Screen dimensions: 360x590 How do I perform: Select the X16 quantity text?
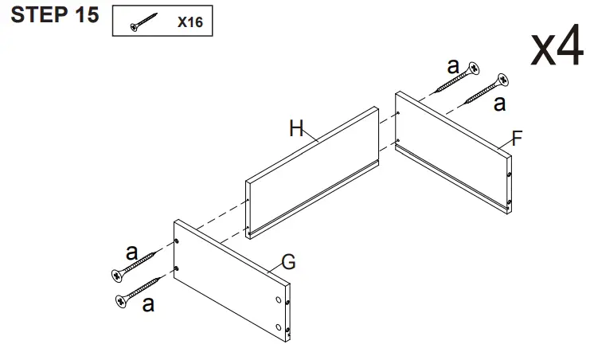190,22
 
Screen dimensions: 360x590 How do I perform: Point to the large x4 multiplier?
557,49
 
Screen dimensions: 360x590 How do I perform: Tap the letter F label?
517,139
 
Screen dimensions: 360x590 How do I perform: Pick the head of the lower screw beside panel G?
123,300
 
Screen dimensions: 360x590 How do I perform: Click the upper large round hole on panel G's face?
279,299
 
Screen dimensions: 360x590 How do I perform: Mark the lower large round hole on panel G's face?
279,327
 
